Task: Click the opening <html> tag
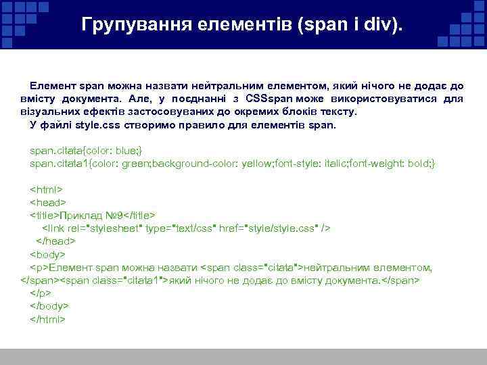point(46,189)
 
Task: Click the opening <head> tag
point(47,202)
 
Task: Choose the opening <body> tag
point(47,254)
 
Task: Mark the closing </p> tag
point(41,293)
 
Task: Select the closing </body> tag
point(49,306)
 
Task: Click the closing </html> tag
point(48,318)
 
